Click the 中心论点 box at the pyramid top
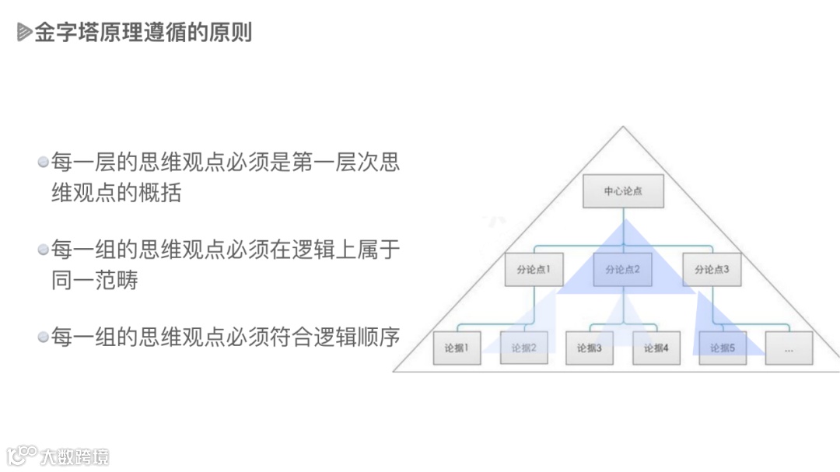pyautogui.click(x=623, y=191)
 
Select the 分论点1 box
pyautogui.click(x=534, y=270)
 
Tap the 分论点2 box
pyautogui.click(x=622, y=270)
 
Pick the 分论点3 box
pyautogui.click(x=712, y=270)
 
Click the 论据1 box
pyautogui.click(x=457, y=348)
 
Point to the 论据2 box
pyautogui.click(x=523, y=348)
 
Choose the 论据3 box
pyautogui.click(x=590, y=348)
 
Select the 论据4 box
pyautogui.click(x=656, y=348)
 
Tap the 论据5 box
pyautogui.click(x=723, y=348)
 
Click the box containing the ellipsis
pyautogui.click(x=789, y=348)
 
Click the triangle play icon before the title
pyautogui.click(x=24, y=33)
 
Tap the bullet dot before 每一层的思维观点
pyautogui.click(x=44, y=163)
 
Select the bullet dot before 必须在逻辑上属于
pyautogui.click(x=44, y=250)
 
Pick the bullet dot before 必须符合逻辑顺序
pyautogui.click(x=44, y=337)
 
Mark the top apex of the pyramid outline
pyautogui.click(x=623, y=126)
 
